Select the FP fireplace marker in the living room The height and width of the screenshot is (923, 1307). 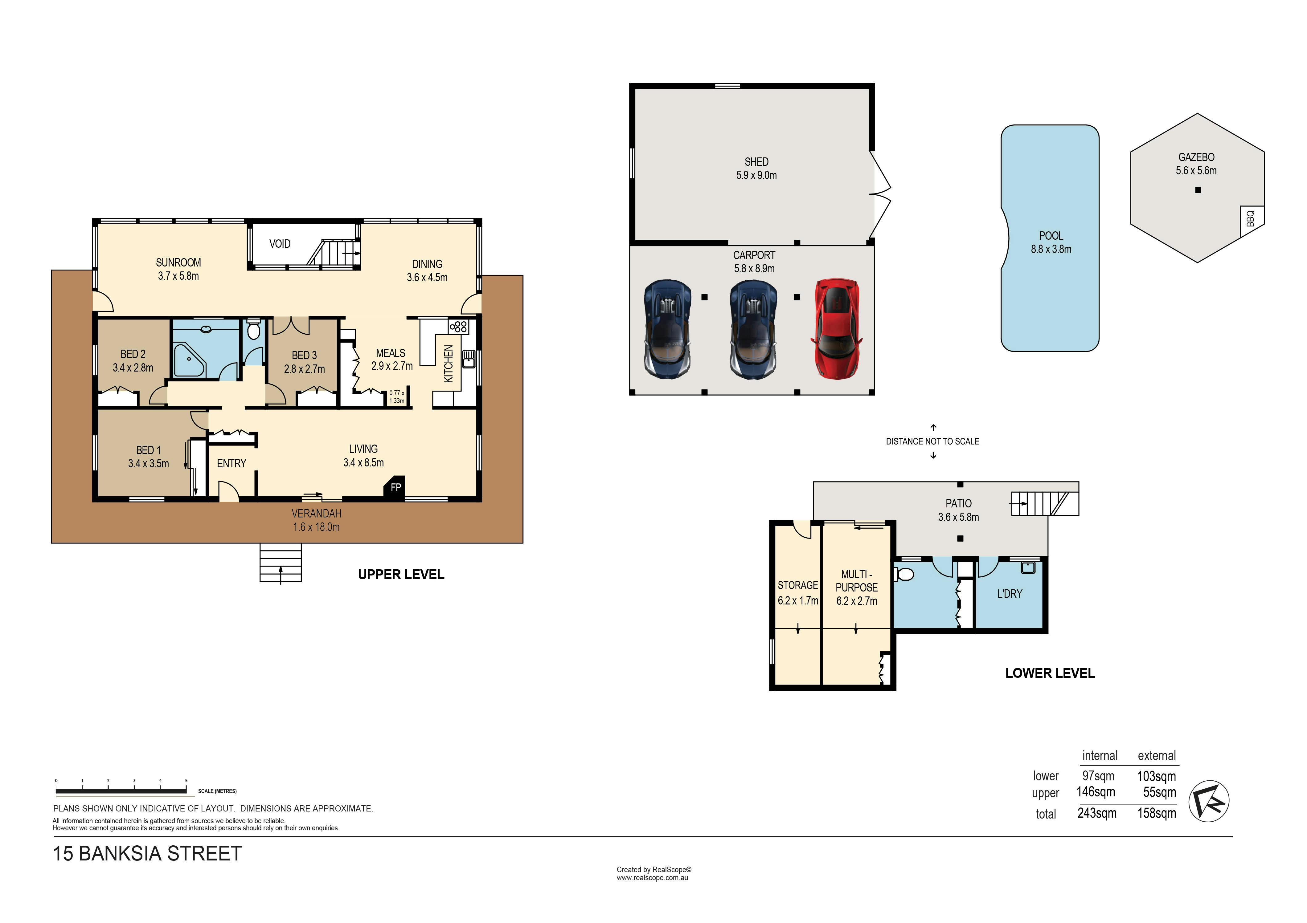(395, 487)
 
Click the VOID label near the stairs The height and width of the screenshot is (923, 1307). (280, 244)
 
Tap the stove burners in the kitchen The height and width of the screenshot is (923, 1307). (458, 327)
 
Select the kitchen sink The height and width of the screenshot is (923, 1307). (469, 359)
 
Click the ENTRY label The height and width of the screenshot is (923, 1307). (232, 464)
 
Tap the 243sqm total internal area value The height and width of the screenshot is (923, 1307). (1097, 813)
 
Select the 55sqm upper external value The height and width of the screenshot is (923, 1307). (1160, 792)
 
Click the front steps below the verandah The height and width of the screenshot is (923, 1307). (281, 563)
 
